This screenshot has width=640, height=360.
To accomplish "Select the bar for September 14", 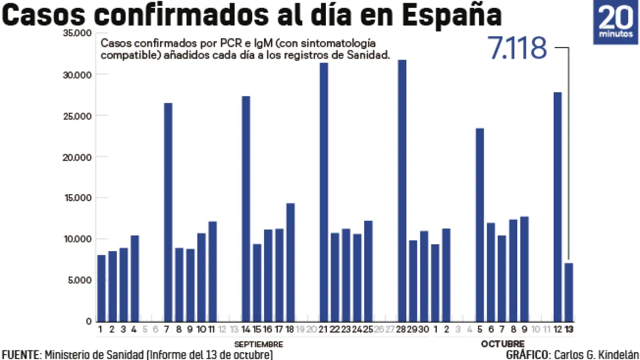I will pyautogui.click(x=246, y=209).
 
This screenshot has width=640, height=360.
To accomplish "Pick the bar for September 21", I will pyautogui.click(x=324, y=192).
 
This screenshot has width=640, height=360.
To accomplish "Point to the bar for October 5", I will pyautogui.click(x=480, y=225).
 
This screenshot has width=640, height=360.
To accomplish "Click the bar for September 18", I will pyautogui.click(x=290, y=262).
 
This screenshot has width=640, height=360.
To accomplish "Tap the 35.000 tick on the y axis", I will pyautogui.click(x=77, y=34).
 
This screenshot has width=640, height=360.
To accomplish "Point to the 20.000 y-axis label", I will pyautogui.click(x=77, y=157).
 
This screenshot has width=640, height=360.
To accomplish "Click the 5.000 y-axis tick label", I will pyautogui.click(x=78, y=280).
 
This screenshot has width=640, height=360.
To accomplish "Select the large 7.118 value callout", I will pyautogui.click(x=517, y=49).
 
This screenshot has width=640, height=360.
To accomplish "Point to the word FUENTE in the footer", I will pyautogui.click(x=20, y=355).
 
